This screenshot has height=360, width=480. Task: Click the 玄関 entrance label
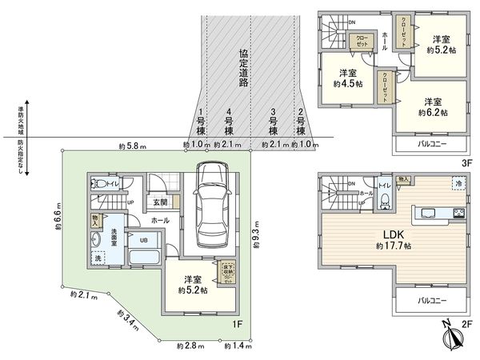pyautogui.click(x=160, y=202)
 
